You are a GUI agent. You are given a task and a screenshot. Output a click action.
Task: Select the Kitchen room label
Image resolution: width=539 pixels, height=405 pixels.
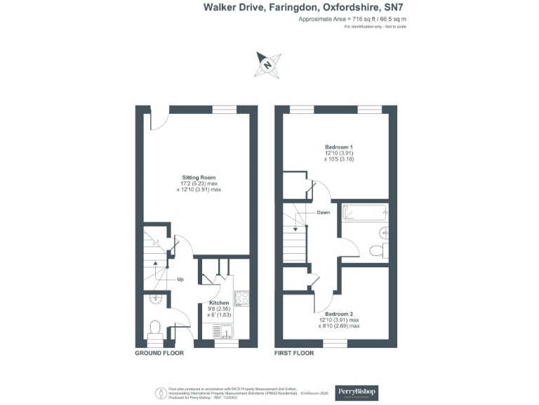[x=218, y=303]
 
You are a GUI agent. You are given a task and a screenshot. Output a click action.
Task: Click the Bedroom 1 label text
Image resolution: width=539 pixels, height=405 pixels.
[x=333, y=146]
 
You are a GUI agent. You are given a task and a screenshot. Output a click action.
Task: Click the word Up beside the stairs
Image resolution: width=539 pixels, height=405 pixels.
[x=180, y=279]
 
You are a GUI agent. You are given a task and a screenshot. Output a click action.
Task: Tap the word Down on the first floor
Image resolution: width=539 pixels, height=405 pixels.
[x=323, y=212]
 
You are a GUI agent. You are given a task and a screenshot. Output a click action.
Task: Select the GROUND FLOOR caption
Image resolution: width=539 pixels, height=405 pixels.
[x=159, y=353]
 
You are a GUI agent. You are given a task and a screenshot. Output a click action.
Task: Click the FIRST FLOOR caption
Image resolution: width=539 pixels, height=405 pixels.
[x=294, y=353]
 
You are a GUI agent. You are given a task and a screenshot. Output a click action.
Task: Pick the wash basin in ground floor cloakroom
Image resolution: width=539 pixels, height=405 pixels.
[x=156, y=300]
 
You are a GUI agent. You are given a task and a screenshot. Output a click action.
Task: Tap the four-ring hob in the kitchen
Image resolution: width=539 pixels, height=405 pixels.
[x=243, y=299]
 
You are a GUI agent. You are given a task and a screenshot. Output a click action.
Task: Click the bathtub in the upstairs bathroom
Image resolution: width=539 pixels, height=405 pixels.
[x=364, y=212]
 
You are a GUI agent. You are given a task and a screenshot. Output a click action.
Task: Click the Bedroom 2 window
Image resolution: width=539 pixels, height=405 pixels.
[x=335, y=342]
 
